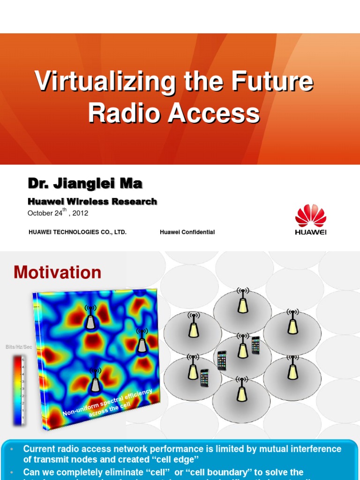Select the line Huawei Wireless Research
coord(92,202)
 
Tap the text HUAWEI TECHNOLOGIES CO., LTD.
coord(77,232)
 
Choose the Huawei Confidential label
coord(187,232)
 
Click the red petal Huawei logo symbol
coord(310,216)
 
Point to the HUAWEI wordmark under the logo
coord(310,232)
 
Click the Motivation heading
coord(57,272)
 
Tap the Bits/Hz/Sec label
coord(19,346)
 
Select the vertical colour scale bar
coord(19,390)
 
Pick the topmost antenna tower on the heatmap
coord(90,317)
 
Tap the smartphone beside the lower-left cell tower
coord(204,378)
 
